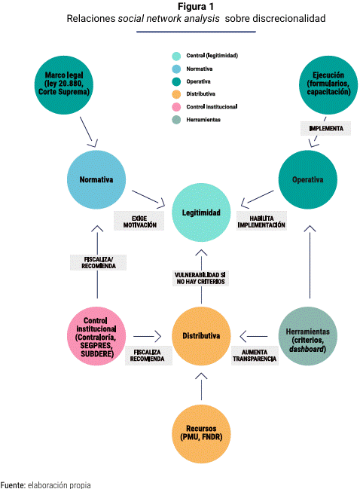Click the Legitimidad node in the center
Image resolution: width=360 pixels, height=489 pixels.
(x=201, y=212)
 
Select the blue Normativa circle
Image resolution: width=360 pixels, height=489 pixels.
(x=96, y=179)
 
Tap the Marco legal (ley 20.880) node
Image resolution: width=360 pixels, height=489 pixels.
(x=64, y=85)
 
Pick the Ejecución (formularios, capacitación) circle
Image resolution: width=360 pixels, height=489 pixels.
(x=328, y=85)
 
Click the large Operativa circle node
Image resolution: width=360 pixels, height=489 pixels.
(x=307, y=179)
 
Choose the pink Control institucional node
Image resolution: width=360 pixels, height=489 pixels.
(x=96, y=336)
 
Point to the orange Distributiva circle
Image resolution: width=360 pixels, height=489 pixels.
(x=201, y=336)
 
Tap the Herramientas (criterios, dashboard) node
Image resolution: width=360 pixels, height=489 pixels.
(x=307, y=336)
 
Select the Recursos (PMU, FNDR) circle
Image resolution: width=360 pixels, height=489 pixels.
(x=201, y=434)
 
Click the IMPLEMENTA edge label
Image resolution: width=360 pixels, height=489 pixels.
(x=325, y=129)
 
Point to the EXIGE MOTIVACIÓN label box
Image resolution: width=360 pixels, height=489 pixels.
(x=139, y=221)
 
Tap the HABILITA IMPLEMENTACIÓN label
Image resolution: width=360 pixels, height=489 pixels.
(x=261, y=221)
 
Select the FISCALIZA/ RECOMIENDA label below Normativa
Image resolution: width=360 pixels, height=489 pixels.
(x=98, y=263)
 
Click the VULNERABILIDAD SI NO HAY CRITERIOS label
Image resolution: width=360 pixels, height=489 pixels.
(x=201, y=278)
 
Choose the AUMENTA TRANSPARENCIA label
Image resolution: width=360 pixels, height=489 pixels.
(x=255, y=356)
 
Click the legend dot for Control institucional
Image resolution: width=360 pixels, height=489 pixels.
(x=176, y=107)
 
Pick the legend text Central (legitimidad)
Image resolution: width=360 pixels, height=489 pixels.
(x=212, y=56)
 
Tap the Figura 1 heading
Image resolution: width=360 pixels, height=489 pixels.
(x=196, y=6)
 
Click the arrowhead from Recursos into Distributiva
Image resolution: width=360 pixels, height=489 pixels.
(x=201, y=376)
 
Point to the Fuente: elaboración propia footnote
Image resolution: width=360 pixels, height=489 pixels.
(x=46, y=484)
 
